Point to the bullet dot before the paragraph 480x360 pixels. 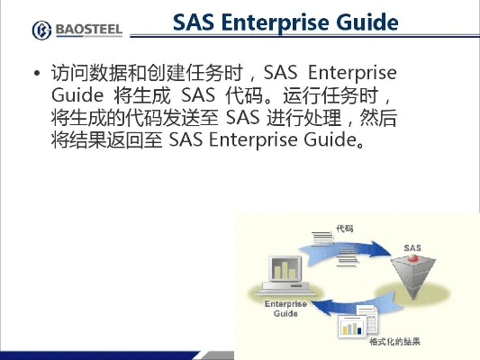pyautogui.click(x=37, y=74)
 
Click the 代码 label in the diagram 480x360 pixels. pyautogui.click(x=344, y=229)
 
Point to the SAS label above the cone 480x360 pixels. pyautogui.click(x=412, y=247)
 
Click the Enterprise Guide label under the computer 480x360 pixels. pyautogui.click(x=285, y=308)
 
